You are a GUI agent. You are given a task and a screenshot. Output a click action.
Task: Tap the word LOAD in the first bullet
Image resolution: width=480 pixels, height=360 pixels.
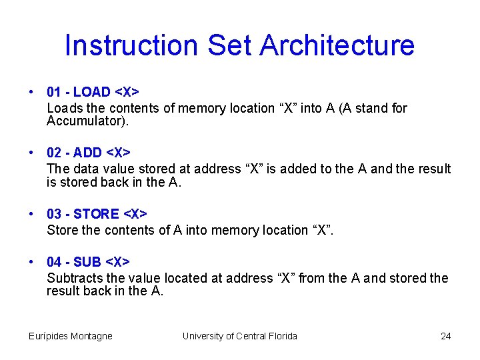[91, 92]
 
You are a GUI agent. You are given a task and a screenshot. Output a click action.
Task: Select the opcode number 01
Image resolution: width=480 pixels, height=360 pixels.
[54, 92]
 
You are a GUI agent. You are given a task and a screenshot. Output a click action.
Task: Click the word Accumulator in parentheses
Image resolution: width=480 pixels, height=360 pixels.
[83, 121]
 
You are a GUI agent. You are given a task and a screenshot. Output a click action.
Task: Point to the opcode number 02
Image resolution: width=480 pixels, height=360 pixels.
[54, 153]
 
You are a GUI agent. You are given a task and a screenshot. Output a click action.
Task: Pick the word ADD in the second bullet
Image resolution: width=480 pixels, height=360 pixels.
[88, 153]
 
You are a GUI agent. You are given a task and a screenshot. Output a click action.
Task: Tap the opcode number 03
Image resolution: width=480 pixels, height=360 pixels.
[54, 214]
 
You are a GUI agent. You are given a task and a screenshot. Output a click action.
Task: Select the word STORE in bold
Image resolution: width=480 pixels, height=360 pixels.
[96, 214]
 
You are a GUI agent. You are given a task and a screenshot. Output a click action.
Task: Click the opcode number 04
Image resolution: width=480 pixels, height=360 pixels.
[54, 262]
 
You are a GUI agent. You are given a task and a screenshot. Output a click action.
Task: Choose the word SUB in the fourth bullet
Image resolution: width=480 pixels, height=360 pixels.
[87, 262]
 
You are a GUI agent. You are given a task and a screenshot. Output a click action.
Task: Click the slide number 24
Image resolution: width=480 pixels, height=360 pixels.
[446, 336]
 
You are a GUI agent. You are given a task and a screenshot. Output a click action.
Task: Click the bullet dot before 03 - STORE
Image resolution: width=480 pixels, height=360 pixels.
[32, 215]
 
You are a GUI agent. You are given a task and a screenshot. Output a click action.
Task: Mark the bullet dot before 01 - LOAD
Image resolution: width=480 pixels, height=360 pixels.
[32, 93]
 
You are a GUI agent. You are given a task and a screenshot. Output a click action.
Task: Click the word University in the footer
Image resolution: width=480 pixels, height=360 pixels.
[203, 336]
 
